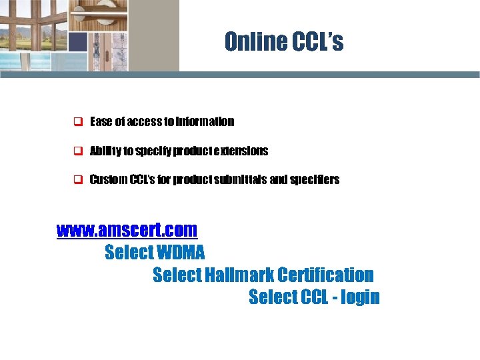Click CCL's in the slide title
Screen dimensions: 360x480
click(318, 42)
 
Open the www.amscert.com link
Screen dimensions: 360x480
click(127, 230)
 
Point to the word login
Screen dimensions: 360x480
click(360, 297)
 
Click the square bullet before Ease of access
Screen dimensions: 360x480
click(77, 122)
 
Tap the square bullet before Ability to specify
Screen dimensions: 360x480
click(77, 151)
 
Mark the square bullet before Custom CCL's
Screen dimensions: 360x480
click(77, 180)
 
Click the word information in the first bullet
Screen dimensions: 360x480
click(207, 121)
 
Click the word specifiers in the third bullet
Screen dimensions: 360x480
click(317, 179)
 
